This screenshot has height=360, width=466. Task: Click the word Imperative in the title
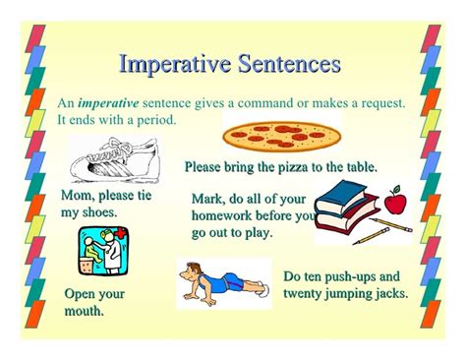169,64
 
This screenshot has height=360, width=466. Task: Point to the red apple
394,203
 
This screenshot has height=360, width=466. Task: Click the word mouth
85,312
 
